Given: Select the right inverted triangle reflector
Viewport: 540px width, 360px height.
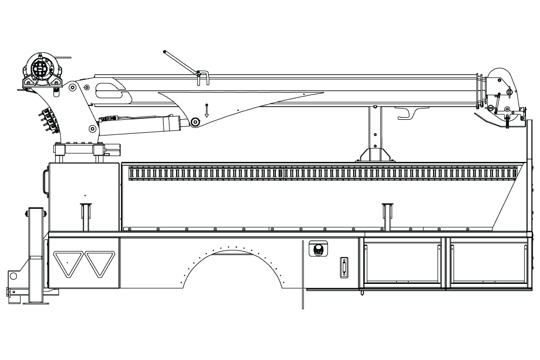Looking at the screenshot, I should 100,263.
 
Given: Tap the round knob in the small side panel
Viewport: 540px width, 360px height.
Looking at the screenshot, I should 318,249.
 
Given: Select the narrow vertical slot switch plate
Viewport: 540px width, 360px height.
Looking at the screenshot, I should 344,267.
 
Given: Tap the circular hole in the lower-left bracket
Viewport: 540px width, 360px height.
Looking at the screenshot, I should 13,276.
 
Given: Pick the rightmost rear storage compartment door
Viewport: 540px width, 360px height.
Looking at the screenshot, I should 488,263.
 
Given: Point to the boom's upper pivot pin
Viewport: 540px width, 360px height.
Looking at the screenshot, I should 72,87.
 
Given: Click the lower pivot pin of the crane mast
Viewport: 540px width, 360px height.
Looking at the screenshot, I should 92,128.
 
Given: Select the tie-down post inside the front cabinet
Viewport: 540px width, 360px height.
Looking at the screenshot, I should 84,216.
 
